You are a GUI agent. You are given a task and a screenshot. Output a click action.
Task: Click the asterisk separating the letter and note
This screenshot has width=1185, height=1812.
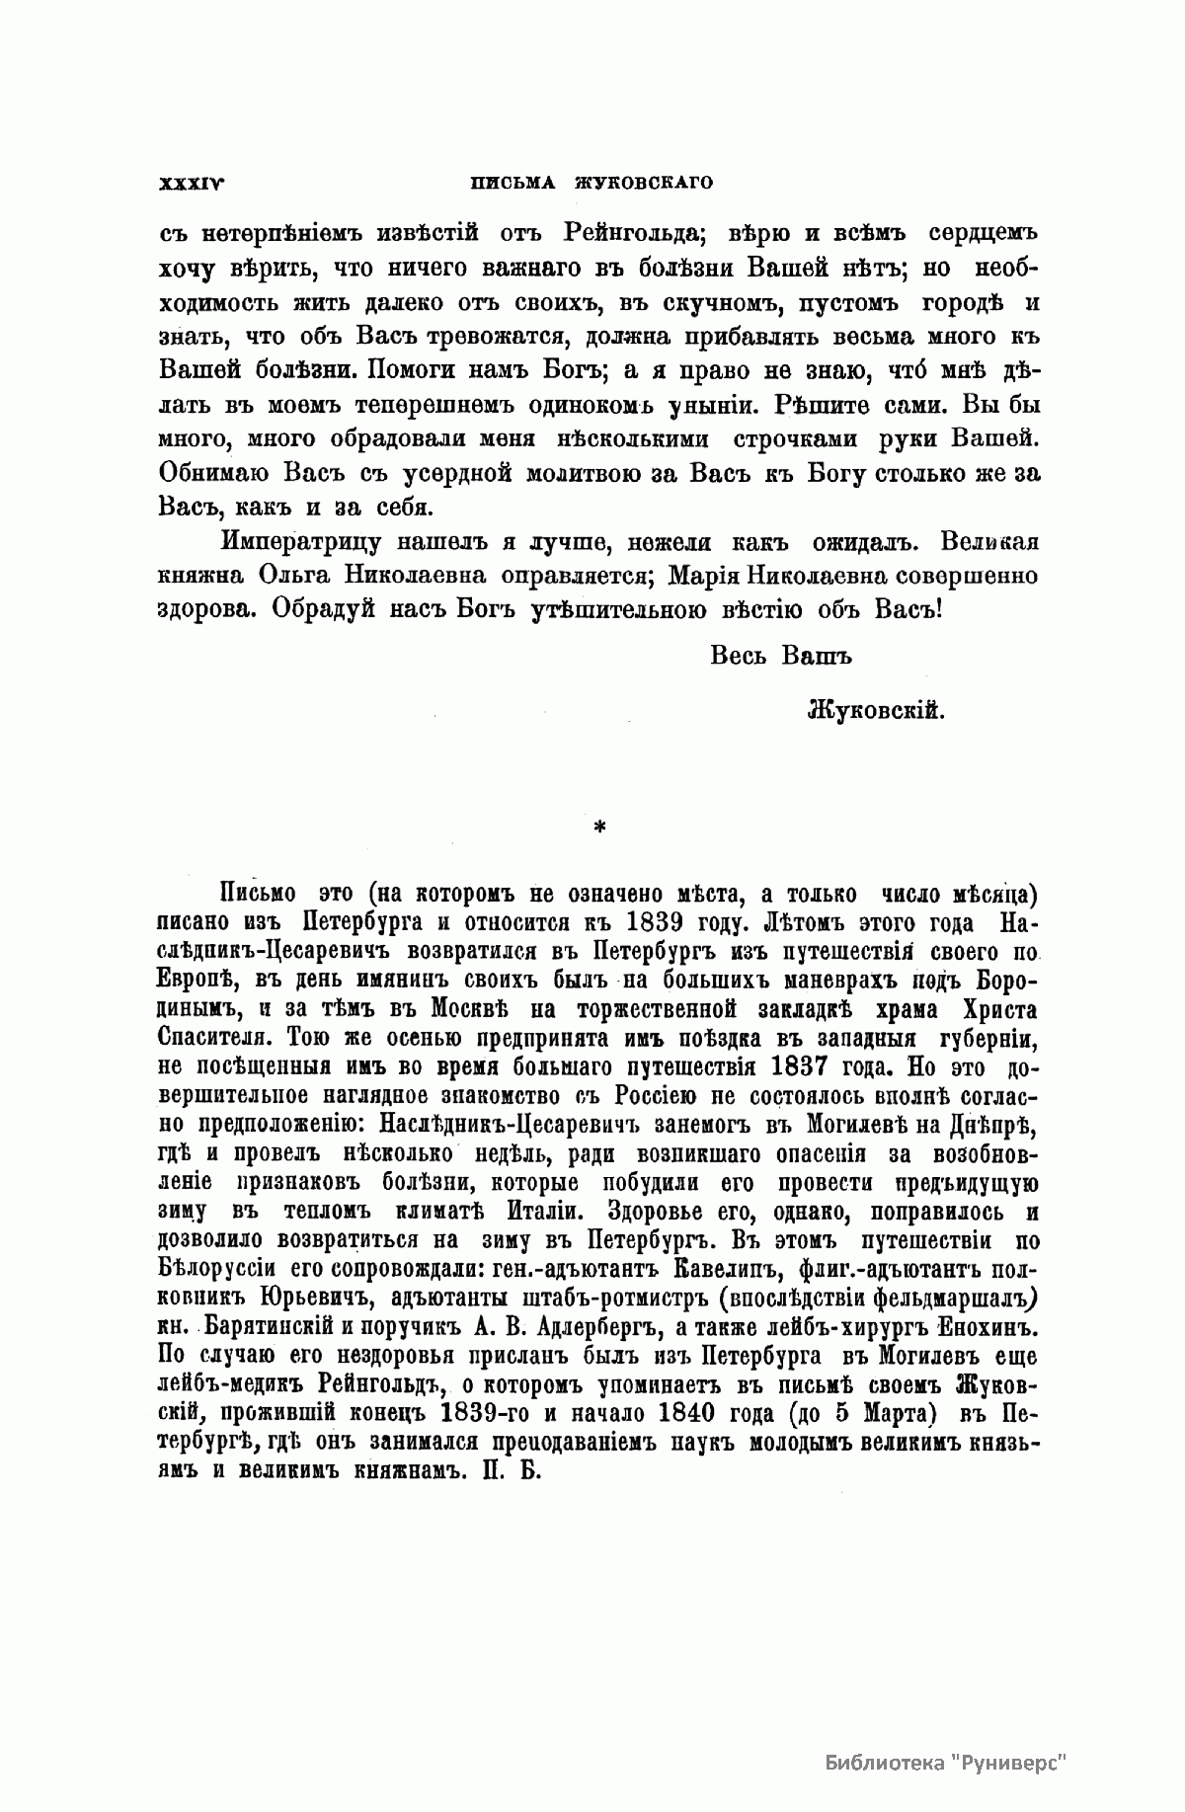pyautogui.click(x=598, y=827)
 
